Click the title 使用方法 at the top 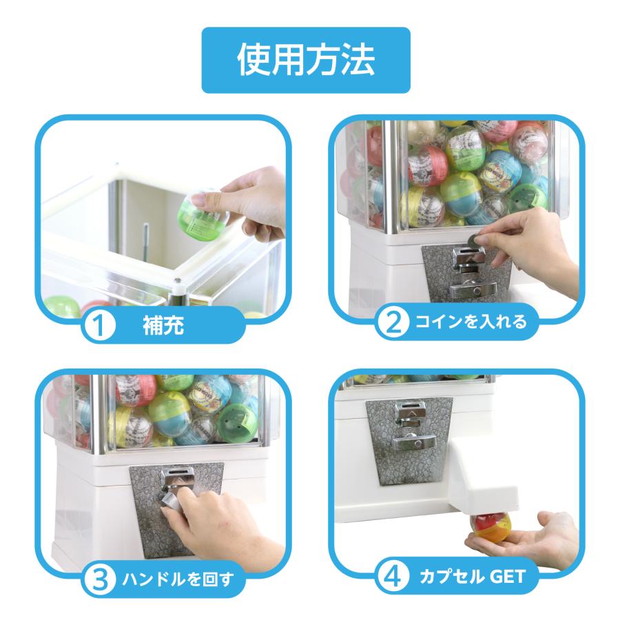306,61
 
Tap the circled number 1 99,327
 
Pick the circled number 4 392,576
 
